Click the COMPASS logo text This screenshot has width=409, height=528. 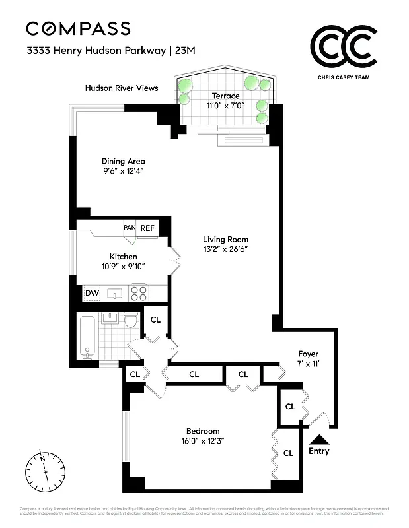[x=78, y=28]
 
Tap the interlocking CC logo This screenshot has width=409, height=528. [x=344, y=48]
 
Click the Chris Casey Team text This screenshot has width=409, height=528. [x=344, y=77]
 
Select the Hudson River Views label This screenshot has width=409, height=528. [x=122, y=88]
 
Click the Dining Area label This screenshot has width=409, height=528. [x=123, y=161]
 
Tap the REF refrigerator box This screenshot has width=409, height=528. [x=147, y=228]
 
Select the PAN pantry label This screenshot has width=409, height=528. [x=130, y=228]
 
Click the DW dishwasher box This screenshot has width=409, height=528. [x=91, y=293]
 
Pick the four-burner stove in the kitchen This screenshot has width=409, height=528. [x=138, y=292]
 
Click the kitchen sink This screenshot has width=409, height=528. [x=113, y=293]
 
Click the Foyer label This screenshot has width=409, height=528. [x=309, y=354]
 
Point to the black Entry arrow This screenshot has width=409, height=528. [x=319, y=439]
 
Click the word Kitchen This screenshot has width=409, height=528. [x=124, y=256]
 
